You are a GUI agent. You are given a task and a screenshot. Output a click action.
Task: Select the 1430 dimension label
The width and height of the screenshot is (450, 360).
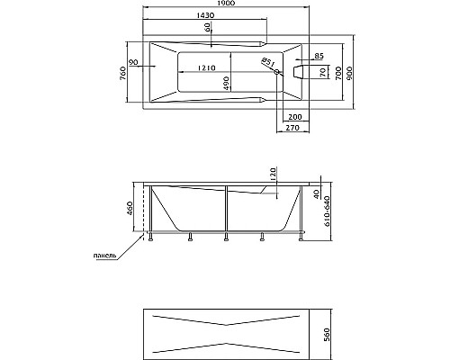[x=205, y=15]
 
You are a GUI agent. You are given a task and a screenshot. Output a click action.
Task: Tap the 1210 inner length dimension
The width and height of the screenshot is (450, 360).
[x=206, y=68]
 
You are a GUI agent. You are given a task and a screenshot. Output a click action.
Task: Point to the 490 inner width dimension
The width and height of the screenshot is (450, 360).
[x=226, y=83]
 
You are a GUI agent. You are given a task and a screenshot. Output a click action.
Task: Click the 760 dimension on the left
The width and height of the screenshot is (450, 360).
[x=123, y=74]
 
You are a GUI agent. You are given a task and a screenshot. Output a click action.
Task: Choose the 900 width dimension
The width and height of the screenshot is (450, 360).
[x=349, y=73]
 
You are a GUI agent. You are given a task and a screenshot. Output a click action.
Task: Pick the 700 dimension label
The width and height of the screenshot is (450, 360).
[x=338, y=73]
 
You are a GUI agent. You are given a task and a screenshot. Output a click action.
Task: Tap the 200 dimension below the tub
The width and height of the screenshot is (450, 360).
[x=295, y=116]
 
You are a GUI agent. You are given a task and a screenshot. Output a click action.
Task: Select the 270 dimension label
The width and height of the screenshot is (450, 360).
[x=292, y=128]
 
